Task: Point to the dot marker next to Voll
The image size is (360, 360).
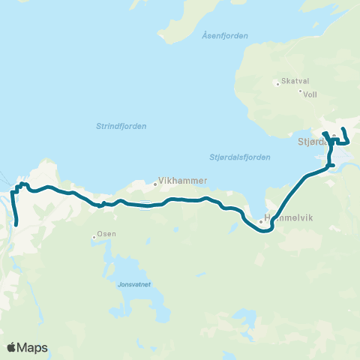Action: pos(300,92)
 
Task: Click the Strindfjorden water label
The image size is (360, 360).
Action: pos(121,126)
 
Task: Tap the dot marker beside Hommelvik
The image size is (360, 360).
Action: pos(260,222)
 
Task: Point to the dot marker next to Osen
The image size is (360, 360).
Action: pos(94,237)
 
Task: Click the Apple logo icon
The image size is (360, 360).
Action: pos(12,347)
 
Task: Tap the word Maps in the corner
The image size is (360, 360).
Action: pos(33,347)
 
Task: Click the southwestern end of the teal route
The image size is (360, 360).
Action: pos(16,223)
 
